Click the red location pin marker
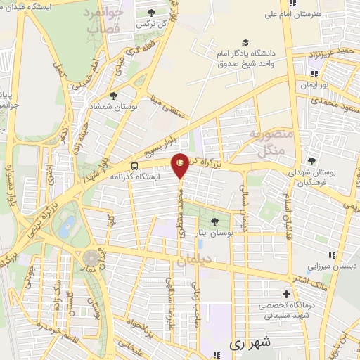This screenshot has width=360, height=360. tap(181, 165)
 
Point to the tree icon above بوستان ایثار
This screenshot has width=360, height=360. tap(215, 221)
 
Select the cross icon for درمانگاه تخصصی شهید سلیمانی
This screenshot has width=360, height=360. tap(285, 294)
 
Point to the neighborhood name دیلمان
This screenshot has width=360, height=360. tap(193, 260)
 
